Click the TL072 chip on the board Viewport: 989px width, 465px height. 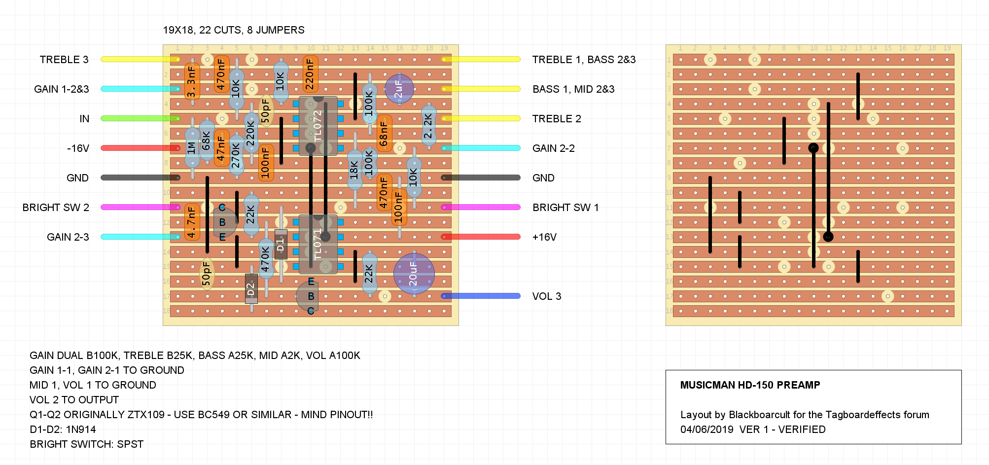point(318,126)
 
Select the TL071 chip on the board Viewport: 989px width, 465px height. point(318,245)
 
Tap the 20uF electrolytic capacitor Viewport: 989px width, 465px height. point(414,274)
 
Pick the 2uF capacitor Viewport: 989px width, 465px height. point(399,89)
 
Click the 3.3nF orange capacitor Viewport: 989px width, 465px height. point(192,81)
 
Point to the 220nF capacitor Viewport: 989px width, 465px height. point(310,74)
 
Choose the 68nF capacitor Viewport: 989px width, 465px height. point(384,133)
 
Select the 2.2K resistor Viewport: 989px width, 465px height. point(428,126)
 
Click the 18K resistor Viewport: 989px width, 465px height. point(354,170)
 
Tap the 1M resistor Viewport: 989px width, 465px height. point(192,148)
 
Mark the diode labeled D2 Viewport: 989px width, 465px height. point(251,288)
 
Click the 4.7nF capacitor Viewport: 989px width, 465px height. point(192,222)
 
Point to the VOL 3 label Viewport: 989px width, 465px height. point(546,296)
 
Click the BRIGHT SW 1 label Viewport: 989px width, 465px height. point(565,208)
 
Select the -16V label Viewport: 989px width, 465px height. point(78,148)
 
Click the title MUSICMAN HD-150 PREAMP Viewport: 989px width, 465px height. point(750,385)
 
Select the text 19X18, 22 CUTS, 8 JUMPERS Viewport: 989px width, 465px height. point(234,30)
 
